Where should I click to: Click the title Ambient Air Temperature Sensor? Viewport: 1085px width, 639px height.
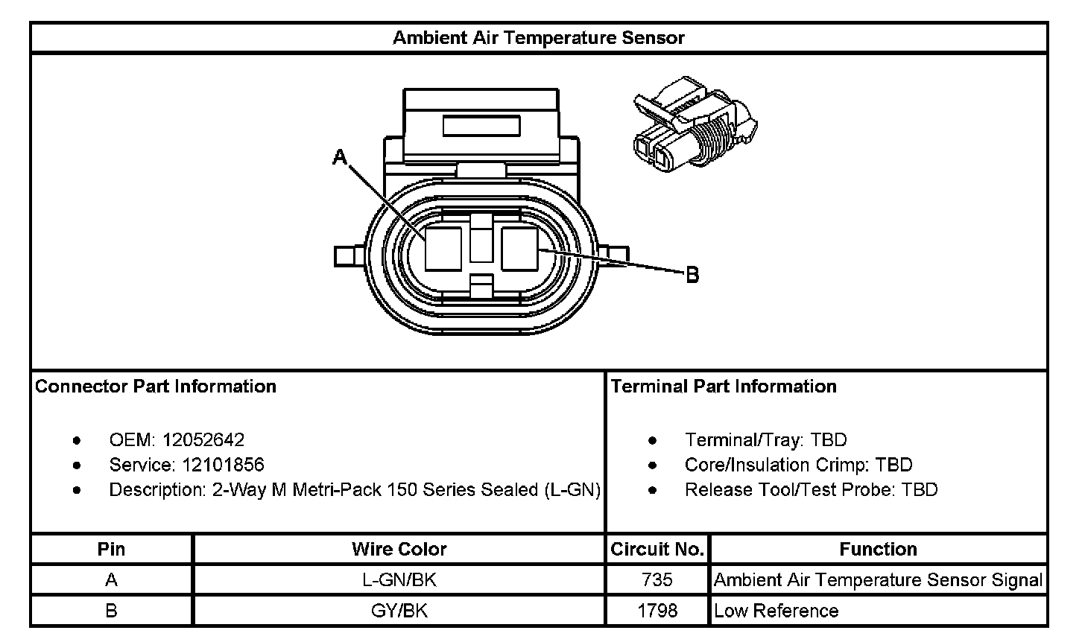click(x=538, y=38)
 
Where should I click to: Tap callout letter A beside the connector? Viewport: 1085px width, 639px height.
click(x=340, y=157)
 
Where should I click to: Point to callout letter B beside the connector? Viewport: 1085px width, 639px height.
click(x=693, y=275)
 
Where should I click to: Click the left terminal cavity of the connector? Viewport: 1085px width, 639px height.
click(x=443, y=249)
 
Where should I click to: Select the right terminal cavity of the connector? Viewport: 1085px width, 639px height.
click(x=519, y=249)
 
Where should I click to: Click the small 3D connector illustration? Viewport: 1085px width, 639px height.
click(x=695, y=124)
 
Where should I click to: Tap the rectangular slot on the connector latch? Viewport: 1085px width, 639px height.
click(x=481, y=126)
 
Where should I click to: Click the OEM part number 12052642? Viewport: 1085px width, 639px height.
click(x=203, y=439)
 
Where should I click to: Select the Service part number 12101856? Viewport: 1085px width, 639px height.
click(x=223, y=465)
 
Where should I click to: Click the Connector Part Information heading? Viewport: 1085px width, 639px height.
click(x=156, y=387)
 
